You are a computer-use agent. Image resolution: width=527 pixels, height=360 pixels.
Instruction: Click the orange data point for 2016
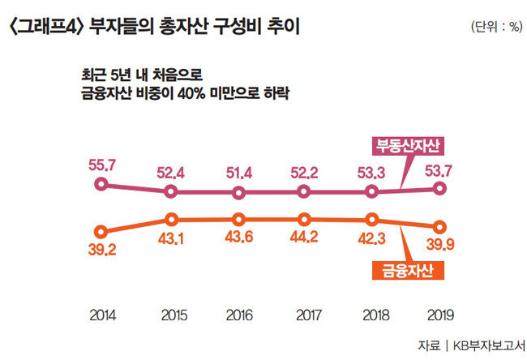(239, 219)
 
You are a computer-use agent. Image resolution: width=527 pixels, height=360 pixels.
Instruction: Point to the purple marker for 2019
(440, 188)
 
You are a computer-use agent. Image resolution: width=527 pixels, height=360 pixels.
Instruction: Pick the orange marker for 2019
(440, 227)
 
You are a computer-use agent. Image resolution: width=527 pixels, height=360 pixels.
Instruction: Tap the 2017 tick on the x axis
(304, 312)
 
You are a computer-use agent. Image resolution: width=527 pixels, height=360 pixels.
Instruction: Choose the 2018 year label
(372, 312)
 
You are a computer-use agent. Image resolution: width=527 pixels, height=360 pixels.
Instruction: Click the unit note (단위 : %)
(495, 27)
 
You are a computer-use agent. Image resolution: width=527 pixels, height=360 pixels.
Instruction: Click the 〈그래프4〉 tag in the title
(45, 26)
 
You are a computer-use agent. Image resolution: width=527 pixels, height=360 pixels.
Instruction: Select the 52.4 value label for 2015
(170, 172)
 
